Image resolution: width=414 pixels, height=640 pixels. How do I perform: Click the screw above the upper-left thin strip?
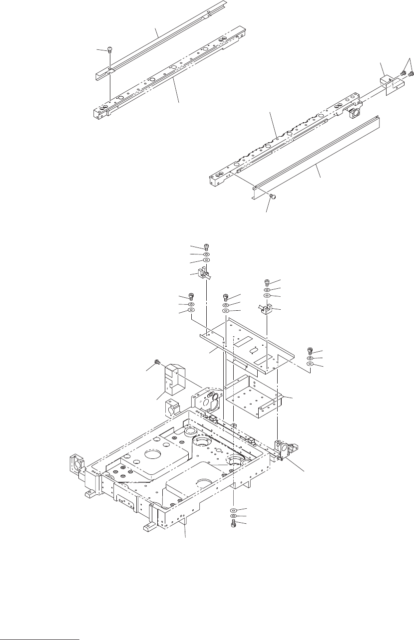point(110,49)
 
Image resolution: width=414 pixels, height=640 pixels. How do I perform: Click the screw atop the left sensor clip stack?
point(207,246)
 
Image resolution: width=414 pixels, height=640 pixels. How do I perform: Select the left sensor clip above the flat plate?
point(205,273)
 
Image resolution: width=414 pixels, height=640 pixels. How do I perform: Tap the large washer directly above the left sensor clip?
point(207,260)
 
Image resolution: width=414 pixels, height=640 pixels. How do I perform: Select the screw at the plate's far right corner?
point(310,351)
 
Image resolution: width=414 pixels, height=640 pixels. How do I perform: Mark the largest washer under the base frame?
point(234,511)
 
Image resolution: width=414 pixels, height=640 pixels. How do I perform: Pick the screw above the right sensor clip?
point(267,282)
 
